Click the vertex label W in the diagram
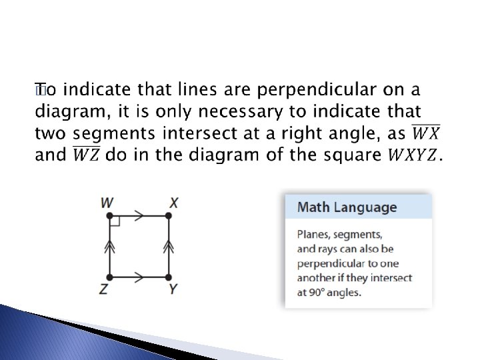click(x=107, y=201)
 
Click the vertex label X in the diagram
click(x=173, y=201)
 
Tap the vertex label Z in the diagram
click(x=105, y=289)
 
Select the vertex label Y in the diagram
click(x=173, y=289)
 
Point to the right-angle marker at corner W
click(x=115, y=221)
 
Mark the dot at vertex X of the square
click(x=169, y=215)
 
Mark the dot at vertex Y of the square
click(x=169, y=276)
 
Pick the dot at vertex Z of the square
click(x=110, y=276)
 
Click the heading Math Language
click(x=347, y=207)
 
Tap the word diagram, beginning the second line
click(x=66, y=111)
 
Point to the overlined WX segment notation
click(x=421, y=133)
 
